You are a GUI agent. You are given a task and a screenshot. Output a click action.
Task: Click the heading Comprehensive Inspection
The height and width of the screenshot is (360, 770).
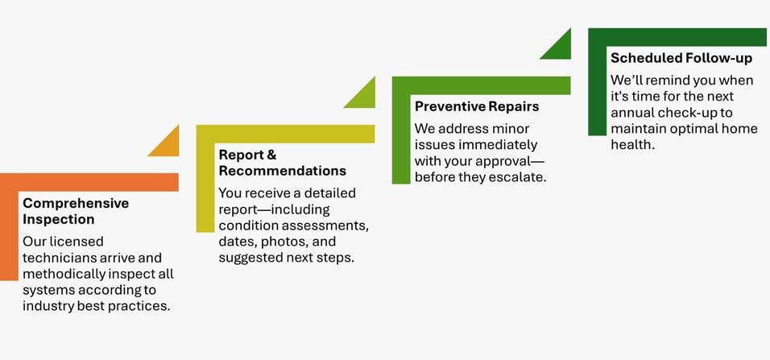tap(76, 211)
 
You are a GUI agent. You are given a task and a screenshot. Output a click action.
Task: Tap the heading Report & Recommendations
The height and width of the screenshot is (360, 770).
tap(283, 163)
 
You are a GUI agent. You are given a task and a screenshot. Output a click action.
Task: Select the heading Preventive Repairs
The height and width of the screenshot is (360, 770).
tap(477, 106)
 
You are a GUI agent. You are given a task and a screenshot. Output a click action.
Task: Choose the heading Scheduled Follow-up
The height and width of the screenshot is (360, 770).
tap(681, 58)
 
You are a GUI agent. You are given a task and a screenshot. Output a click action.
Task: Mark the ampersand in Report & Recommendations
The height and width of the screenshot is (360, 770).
tap(271, 155)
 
